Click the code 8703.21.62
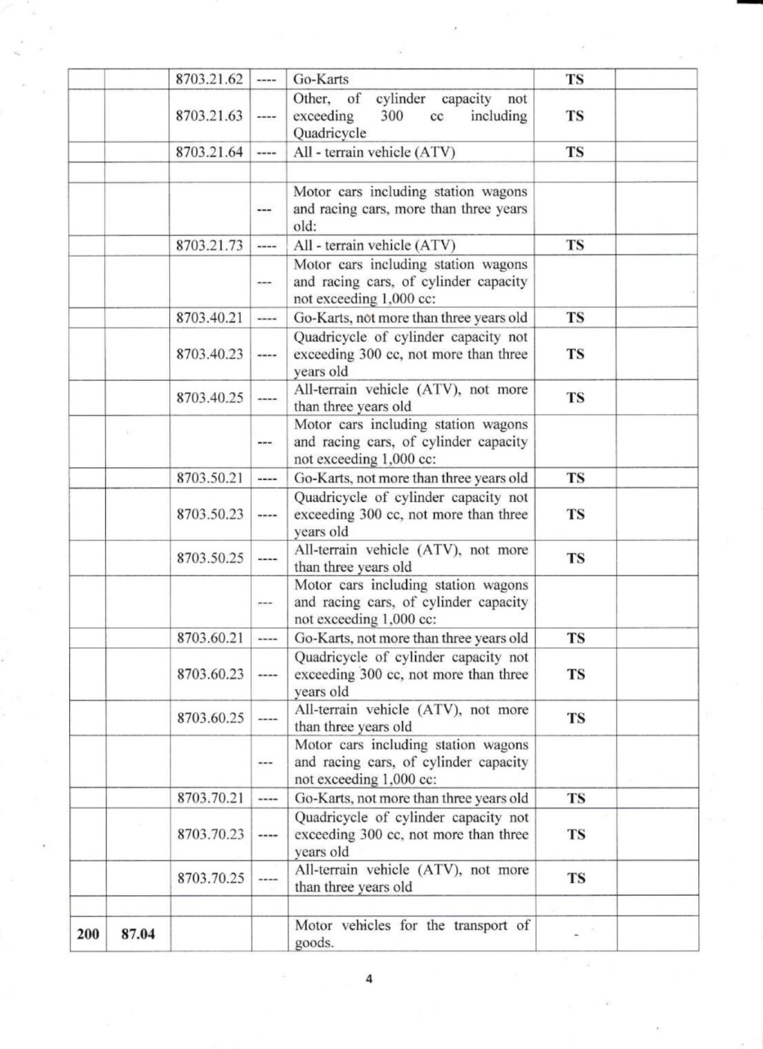pos(209,79)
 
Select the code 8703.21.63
pos(209,115)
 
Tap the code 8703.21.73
pos(209,245)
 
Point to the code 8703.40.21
pos(209,317)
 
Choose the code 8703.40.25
pos(209,398)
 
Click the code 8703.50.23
pos(209,514)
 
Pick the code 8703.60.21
pos(210,638)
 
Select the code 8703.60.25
pos(210,718)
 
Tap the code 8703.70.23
pos(211,834)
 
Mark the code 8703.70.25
pos(211,878)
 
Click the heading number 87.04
pos(138,934)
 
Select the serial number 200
pos(87,934)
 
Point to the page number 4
pos(368,979)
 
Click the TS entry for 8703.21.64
pos(574,152)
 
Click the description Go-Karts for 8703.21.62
pos(321,79)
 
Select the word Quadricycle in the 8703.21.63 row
pos(329,133)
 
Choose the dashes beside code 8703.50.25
pos(267,558)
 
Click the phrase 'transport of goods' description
pos(411,934)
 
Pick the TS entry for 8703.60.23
pos(575,674)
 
